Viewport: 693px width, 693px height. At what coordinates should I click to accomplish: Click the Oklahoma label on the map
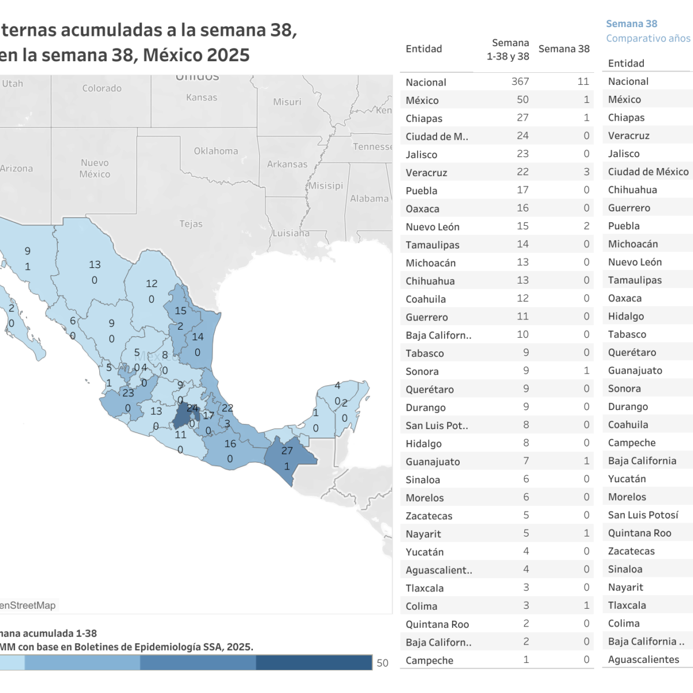pos(216,151)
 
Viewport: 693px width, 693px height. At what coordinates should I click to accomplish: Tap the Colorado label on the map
pos(102,88)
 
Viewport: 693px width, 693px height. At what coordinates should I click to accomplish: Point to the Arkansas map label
pos(287,165)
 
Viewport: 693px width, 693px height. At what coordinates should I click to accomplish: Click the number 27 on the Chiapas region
pos(287,451)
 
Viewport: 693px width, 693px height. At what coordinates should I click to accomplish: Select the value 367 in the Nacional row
pos(520,82)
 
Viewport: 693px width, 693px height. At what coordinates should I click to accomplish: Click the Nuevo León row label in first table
pos(433,227)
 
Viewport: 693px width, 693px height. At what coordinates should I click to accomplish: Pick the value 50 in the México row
pos(523,100)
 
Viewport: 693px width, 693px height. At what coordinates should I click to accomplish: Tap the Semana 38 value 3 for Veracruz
pos(586,172)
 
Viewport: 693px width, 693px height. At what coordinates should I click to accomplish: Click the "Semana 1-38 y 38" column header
pos(508,50)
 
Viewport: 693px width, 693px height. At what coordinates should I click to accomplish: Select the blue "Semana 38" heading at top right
pos(631,24)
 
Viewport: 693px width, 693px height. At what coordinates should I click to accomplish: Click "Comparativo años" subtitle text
pos(648,39)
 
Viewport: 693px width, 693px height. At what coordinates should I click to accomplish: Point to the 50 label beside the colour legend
pos(382,663)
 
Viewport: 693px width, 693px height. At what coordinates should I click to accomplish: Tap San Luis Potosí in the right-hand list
pos(643,515)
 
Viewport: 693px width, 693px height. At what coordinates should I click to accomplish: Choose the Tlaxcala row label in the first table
pos(424,588)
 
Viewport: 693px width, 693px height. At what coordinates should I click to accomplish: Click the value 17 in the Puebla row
pos(523,190)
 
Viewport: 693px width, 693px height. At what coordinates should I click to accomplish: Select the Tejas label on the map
pos(191,224)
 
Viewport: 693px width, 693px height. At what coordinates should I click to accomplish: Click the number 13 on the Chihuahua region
pos(95,264)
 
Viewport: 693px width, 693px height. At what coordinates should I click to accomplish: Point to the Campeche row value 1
pos(526,660)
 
